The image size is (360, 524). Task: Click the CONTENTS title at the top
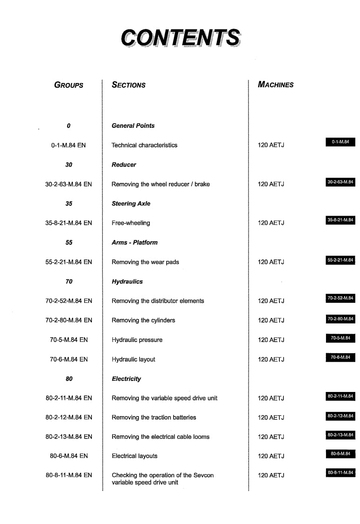[180, 37]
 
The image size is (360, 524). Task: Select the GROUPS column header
[69, 85]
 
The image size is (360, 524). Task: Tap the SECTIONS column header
[128, 85]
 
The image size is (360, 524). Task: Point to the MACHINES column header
[276, 85]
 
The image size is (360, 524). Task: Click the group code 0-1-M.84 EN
[69, 145]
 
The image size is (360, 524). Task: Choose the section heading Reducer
[124, 165]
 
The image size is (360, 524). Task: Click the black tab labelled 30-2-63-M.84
[340, 182]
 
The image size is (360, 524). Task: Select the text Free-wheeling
[131, 223]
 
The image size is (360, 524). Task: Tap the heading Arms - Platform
[134, 243]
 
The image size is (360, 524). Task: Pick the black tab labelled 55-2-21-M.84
[340, 260]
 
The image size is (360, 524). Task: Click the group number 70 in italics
[69, 281]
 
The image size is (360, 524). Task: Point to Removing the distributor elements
[158, 301]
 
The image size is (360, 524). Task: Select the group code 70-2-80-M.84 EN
[69, 320]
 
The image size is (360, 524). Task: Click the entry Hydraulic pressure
[137, 340]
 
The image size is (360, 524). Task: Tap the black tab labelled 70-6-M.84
[340, 357]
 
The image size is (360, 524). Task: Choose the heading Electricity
[126, 379]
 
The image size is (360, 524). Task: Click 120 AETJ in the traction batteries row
[271, 418]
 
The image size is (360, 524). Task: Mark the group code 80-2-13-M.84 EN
[69, 437]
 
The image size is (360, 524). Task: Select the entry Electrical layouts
[134, 456]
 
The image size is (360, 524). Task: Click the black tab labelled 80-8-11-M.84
[340, 473]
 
